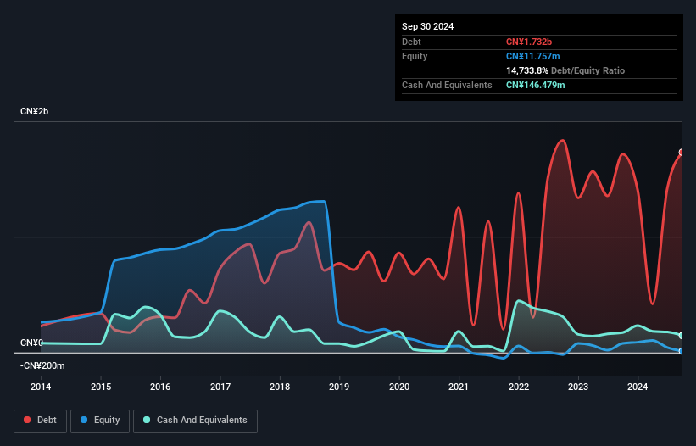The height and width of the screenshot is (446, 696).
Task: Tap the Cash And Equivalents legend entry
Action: coord(195,420)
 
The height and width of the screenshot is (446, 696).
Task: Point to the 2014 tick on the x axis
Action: coord(41,386)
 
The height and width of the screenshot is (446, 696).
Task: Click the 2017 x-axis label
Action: coord(220,386)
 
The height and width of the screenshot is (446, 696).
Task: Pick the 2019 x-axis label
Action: coord(339,386)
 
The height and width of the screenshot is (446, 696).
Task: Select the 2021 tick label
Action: coord(459,386)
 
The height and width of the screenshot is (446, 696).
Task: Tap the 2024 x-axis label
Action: coord(638,386)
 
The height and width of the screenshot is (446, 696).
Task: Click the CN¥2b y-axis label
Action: coord(36,112)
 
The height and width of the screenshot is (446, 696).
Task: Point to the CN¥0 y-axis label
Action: coord(32,343)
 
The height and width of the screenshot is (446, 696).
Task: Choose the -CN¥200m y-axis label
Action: coord(42,365)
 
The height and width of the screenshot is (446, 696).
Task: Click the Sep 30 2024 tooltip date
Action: coord(427,26)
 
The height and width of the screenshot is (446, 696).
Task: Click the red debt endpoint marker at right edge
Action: coord(682,153)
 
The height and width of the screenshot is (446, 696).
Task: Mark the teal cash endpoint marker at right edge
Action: coord(682,336)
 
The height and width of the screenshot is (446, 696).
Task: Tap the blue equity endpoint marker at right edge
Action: coord(682,351)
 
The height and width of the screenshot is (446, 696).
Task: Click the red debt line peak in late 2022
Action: coord(561,140)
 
